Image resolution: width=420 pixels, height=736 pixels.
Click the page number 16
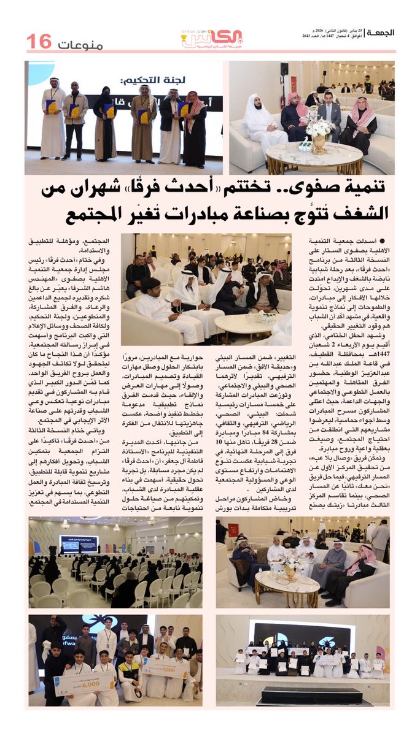pyautogui.click(x=39, y=42)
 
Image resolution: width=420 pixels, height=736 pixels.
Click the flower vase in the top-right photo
pyautogui.click(x=319, y=132)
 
